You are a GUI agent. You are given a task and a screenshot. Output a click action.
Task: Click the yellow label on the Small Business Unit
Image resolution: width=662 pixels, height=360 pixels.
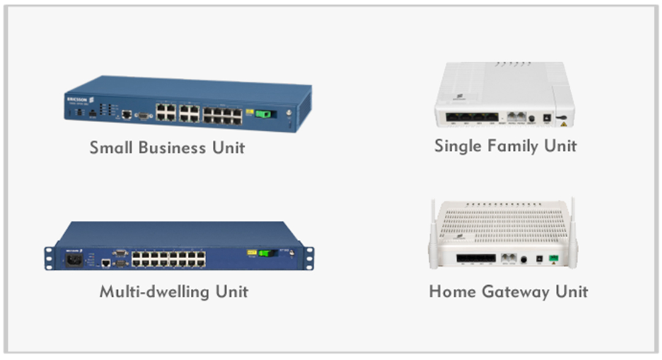click(x=250, y=112)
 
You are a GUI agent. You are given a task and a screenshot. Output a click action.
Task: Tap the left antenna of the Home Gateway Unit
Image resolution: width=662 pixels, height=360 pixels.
click(x=433, y=233)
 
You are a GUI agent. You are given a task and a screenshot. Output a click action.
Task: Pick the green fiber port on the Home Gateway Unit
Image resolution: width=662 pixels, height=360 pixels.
click(x=553, y=258)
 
